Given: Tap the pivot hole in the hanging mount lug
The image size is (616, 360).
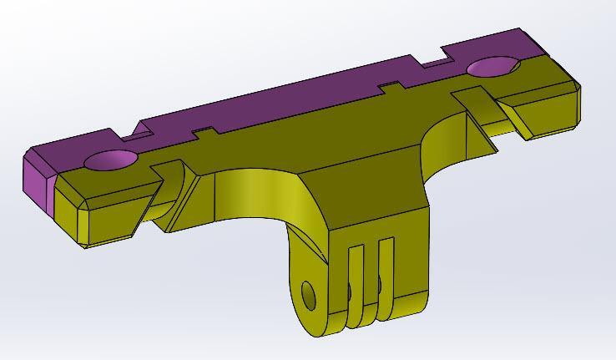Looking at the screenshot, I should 308,295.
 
